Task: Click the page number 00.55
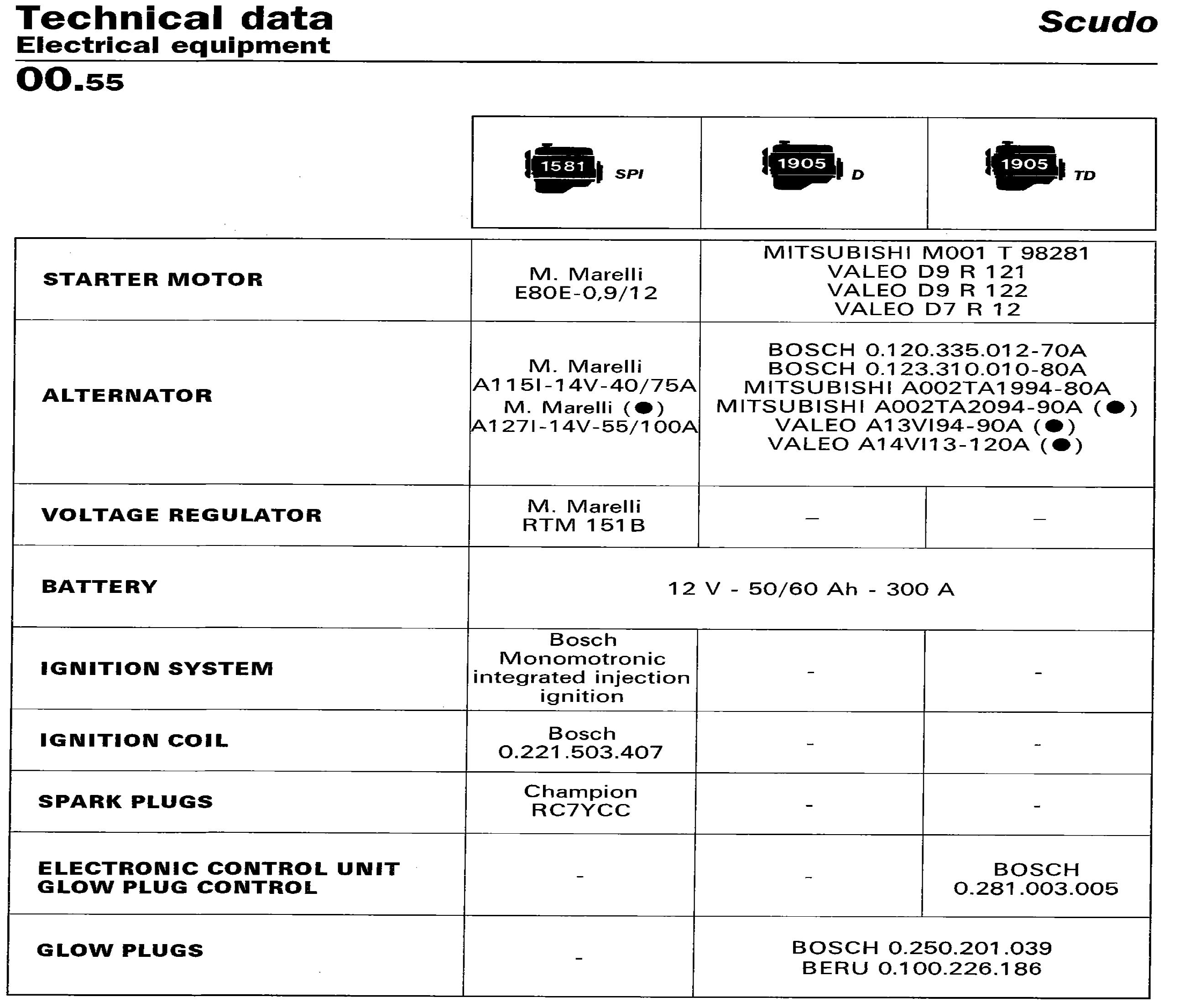click(70, 80)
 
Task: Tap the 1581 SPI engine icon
click(563, 167)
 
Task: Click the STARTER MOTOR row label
click(153, 280)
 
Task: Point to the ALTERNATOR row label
click(127, 395)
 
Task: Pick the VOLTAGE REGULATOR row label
click(182, 515)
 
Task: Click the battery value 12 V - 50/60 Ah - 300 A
click(811, 589)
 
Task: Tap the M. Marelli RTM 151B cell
click(584, 515)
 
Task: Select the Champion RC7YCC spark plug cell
click(581, 801)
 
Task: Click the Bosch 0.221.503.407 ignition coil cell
click(581, 742)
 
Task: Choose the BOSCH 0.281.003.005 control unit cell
click(1036, 878)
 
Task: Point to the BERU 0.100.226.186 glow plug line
click(922, 968)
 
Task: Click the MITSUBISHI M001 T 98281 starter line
click(926, 253)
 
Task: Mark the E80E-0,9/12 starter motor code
click(586, 293)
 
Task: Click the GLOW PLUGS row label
click(120, 950)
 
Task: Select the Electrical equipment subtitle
click(173, 46)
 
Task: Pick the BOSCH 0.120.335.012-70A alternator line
click(927, 350)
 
